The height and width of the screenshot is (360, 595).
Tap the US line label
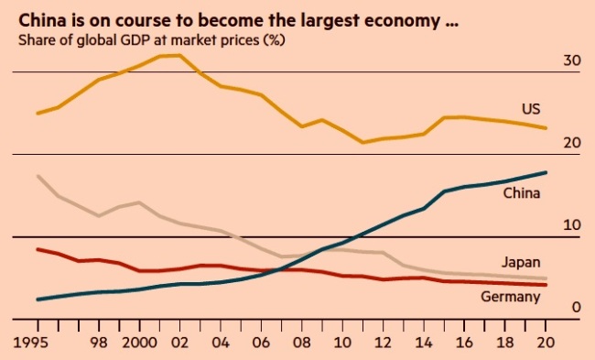click(x=531, y=109)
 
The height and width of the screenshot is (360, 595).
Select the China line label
click(x=522, y=193)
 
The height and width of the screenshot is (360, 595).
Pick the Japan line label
click(x=521, y=262)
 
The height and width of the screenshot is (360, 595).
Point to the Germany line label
click(x=511, y=297)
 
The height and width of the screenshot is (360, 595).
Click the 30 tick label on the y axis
click(x=571, y=60)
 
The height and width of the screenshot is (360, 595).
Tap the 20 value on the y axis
click(x=572, y=143)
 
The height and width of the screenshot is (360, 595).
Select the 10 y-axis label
click(x=572, y=225)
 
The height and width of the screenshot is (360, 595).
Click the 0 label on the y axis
click(x=576, y=307)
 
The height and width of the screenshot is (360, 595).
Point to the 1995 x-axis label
click(x=30, y=343)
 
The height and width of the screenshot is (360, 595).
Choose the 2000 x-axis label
click(x=140, y=343)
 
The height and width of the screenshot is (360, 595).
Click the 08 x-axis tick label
click(x=302, y=343)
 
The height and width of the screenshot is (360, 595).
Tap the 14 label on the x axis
click(x=424, y=343)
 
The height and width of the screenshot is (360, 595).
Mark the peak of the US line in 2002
click(x=179, y=56)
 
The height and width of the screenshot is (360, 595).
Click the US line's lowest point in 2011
click(x=362, y=142)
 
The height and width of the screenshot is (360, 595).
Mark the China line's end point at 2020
click(x=546, y=173)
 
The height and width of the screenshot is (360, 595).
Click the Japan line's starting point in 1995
click(x=38, y=176)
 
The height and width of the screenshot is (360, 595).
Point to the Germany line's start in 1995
click(x=38, y=249)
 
